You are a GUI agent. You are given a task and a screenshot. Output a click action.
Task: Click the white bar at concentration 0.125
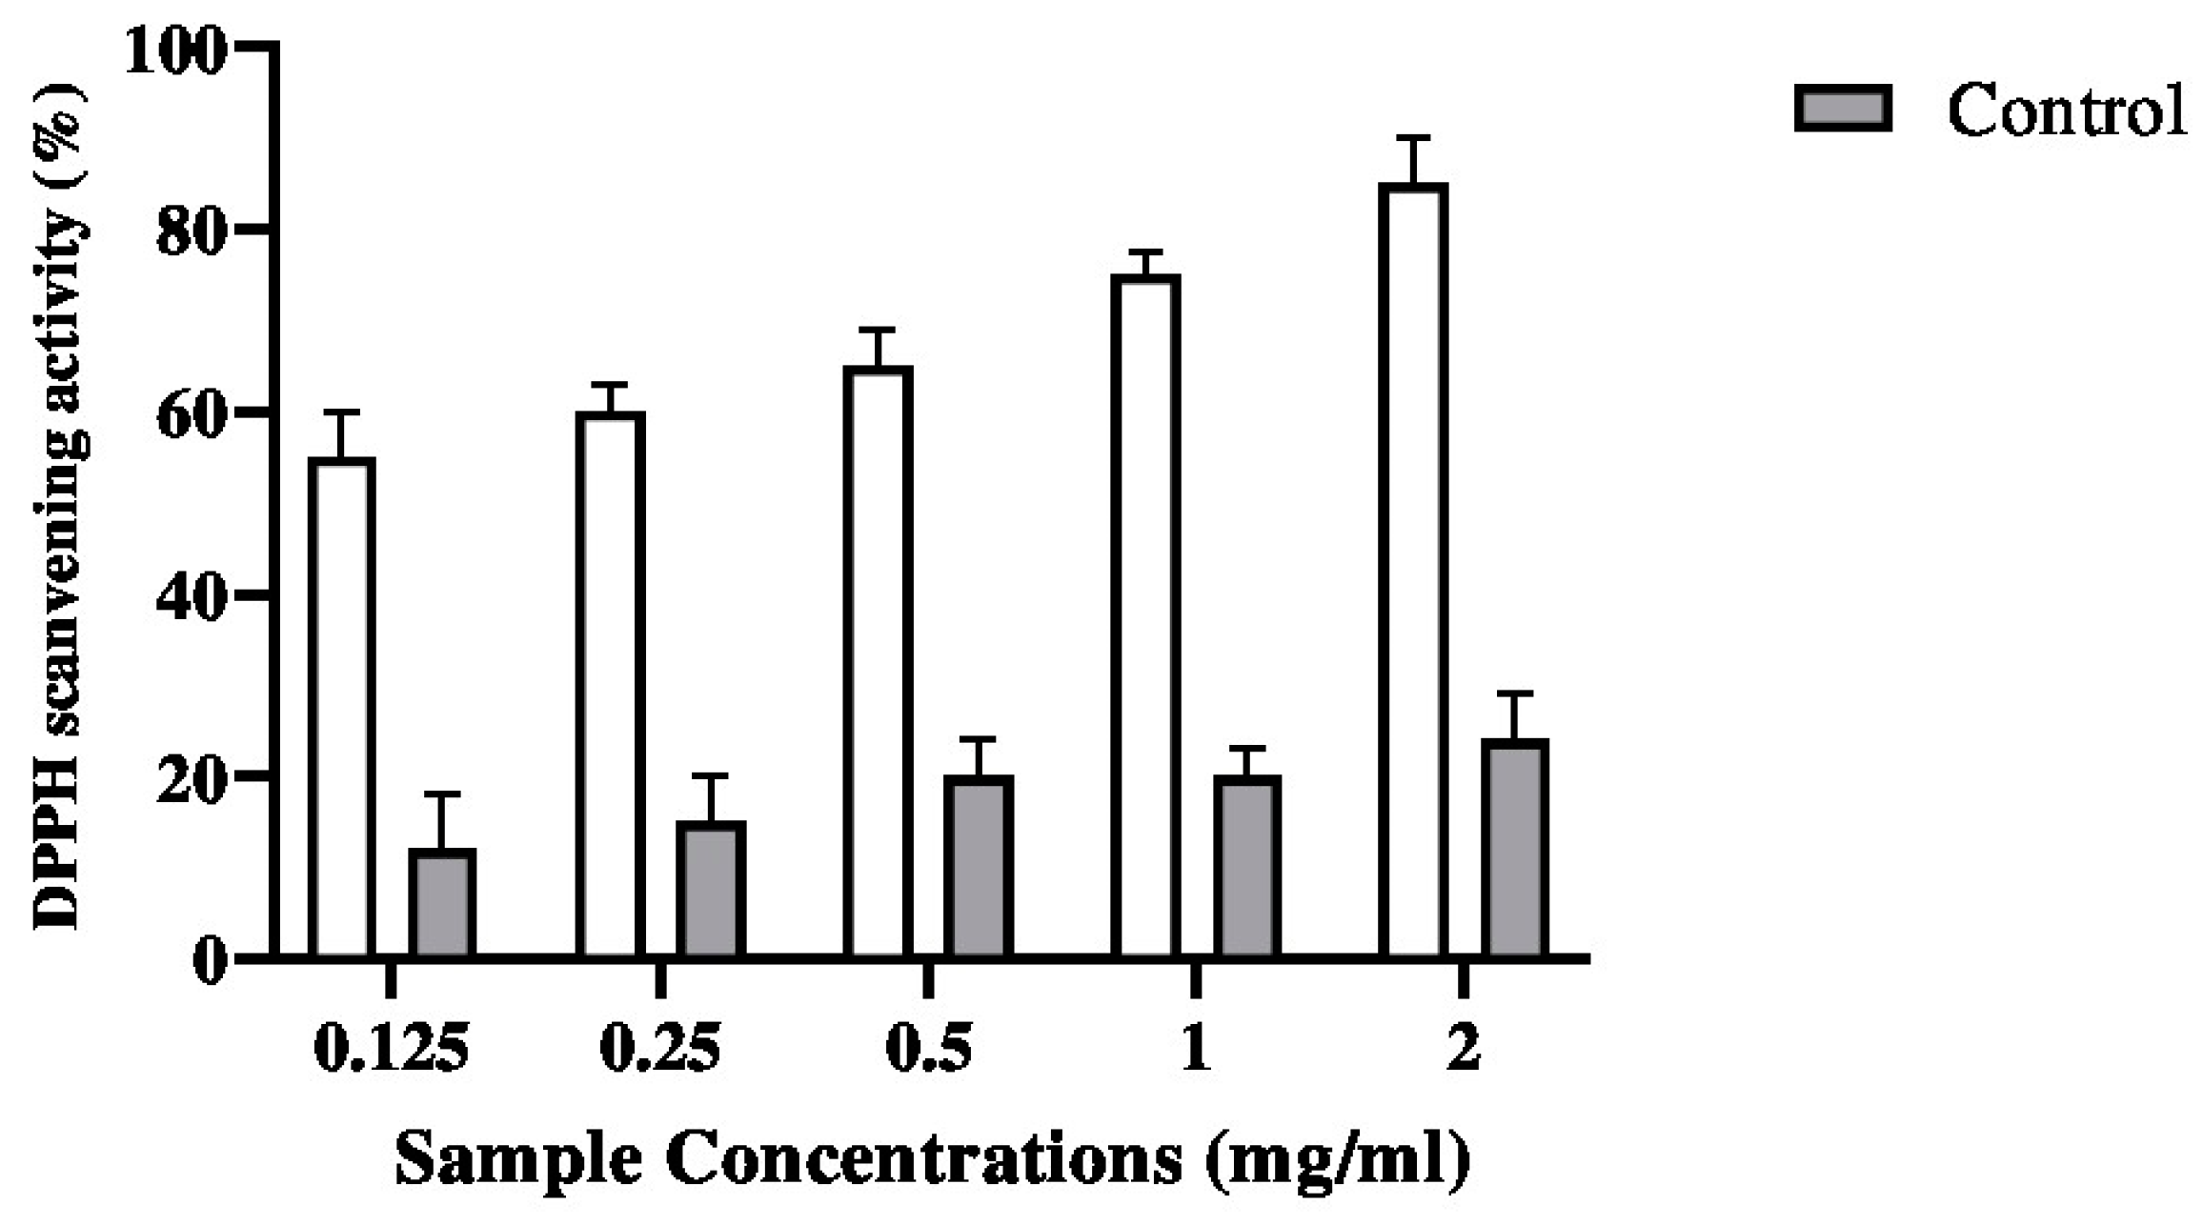(344, 705)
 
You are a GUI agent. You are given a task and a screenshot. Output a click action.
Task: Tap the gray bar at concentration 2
(1515, 847)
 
